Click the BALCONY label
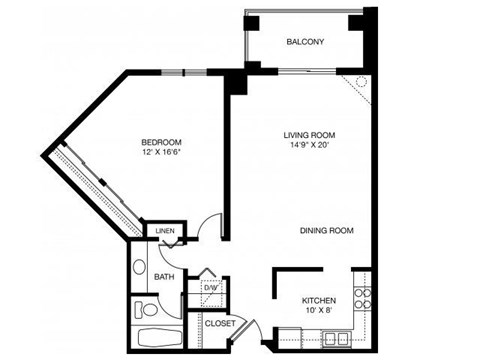click(x=305, y=42)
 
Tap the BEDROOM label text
click(x=160, y=142)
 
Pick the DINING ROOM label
click(x=327, y=231)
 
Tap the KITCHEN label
click(x=319, y=300)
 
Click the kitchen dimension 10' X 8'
click(x=319, y=312)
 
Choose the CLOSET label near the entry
click(x=219, y=324)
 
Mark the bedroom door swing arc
click(x=208, y=228)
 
